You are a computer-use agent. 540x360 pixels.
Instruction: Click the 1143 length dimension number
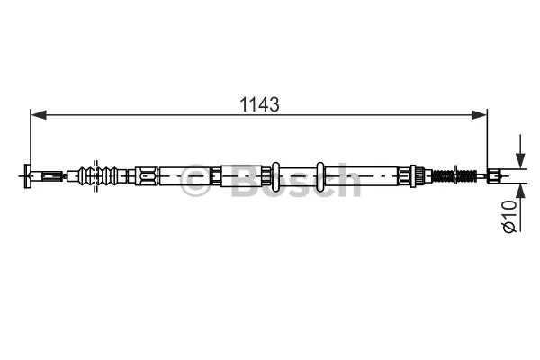coord(258,104)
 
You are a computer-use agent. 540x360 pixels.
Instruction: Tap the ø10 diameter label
coord(508,217)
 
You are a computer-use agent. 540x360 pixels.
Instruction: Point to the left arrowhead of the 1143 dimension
coord(36,114)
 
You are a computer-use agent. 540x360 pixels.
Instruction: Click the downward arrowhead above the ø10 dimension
coord(519,157)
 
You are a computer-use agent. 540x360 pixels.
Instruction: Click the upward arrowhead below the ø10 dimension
coord(519,190)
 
